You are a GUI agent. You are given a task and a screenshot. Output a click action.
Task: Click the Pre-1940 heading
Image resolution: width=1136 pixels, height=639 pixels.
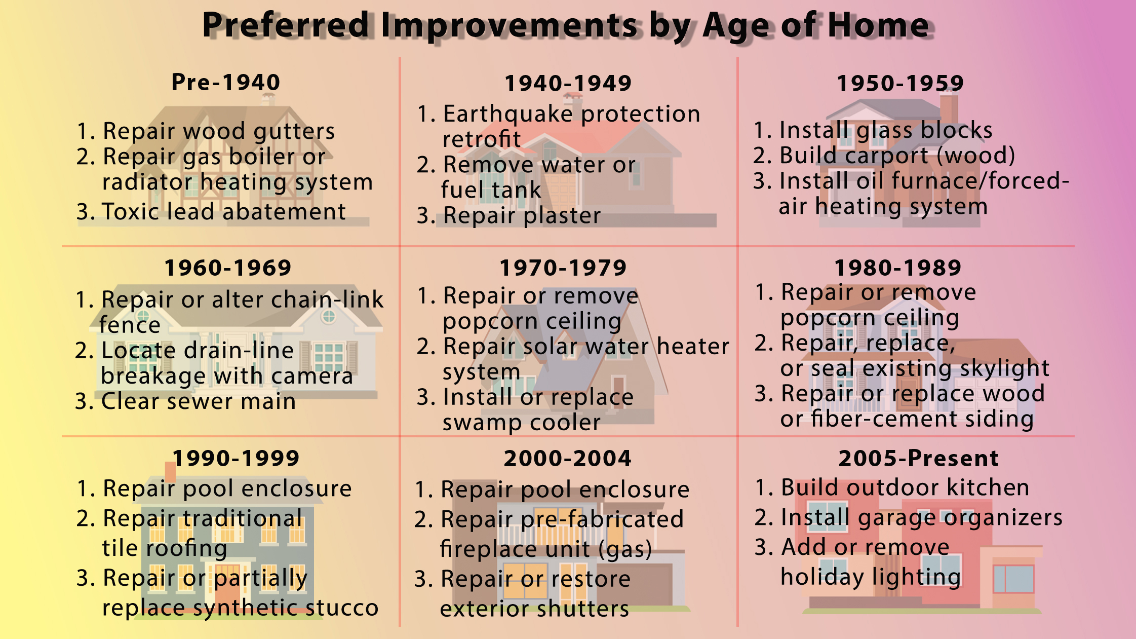pos(226,82)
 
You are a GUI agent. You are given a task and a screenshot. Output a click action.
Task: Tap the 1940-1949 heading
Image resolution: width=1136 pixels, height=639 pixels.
pos(568,83)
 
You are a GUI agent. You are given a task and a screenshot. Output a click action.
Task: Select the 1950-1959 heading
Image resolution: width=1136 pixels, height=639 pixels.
pos(900,83)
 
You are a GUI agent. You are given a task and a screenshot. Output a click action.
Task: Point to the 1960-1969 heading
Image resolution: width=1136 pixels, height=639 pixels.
pos(228,268)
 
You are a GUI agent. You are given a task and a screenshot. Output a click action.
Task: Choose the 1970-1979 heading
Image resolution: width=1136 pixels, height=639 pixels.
pos(563,268)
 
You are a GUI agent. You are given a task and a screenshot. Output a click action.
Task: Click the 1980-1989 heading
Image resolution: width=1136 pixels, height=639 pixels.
pos(898,268)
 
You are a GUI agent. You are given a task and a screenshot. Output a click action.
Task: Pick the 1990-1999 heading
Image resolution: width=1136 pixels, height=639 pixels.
pos(236,458)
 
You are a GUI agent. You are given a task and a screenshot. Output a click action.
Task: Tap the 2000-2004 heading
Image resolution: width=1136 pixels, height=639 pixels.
pos(567,458)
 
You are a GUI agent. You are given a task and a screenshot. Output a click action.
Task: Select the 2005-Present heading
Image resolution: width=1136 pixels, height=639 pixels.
pos(918,458)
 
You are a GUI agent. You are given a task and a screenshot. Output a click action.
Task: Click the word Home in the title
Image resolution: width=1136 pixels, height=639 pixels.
pos(879,25)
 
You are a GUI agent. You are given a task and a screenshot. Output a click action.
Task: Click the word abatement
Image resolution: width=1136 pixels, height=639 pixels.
pos(284,211)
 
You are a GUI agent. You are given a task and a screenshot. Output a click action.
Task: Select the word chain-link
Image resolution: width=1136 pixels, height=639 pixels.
pos(328,299)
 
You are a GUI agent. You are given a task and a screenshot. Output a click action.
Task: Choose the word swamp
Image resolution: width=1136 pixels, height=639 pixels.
pos(482,423)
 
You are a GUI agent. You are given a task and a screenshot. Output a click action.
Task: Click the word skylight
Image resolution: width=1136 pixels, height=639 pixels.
pos(1004,368)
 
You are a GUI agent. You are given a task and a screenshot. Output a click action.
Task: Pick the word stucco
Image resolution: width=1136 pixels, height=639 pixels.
pos(342,608)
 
